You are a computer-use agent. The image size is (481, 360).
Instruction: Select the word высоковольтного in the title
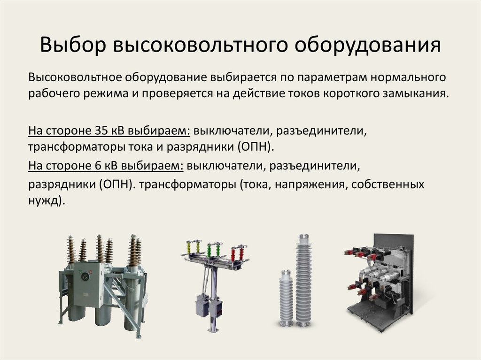pyautogui.click(x=201, y=45)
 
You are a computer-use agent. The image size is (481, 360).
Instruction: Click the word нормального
pyautogui.click(x=408, y=77)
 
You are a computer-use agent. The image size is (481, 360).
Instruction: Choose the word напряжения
pyautogui.click(x=311, y=184)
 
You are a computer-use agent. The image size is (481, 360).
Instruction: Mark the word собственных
pyautogui.click(x=388, y=184)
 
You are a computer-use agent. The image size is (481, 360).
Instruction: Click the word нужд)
pyautogui.click(x=47, y=201)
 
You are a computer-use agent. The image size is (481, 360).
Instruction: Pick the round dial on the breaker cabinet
pyautogui.click(x=84, y=276)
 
